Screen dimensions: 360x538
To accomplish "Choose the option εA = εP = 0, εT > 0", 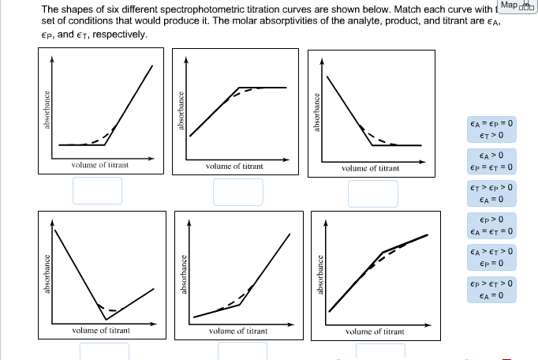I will pyautogui.click(x=491, y=129).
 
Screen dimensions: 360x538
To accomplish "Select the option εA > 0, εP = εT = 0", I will pyautogui.click(x=491, y=160).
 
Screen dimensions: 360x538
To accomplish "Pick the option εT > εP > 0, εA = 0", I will pyautogui.click(x=491, y=193).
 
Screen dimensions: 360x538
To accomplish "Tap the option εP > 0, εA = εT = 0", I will pyautogui.click(x=491, y=225).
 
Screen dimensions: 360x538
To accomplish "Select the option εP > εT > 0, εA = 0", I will pyautogui.click(x=491, y=289).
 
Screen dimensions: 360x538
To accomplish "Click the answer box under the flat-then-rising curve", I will pyautogui.click(x=98, y=190).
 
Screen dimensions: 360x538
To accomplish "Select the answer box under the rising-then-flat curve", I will pyautogui.click(x=237, y=191).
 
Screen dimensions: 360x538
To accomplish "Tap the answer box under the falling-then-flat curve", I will pyautogui.click(x=373, y=193).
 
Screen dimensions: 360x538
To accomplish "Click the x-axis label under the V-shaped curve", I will pyautogui.click(x=101, y=330).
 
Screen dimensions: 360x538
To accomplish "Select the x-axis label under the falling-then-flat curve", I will pyautogui.click(x=370, y=168).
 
